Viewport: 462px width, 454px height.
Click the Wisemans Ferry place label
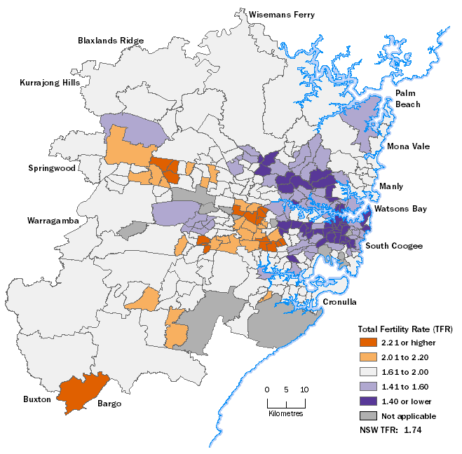281,14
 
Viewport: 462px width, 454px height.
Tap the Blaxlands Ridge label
110,41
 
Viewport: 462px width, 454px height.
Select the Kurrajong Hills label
49,83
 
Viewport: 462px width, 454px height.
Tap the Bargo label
110,404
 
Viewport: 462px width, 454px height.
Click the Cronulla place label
340,302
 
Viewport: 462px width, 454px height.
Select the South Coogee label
394,245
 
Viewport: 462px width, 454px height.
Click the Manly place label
391,186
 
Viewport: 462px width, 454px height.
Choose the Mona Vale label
409,146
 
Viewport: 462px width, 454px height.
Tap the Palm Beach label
407,99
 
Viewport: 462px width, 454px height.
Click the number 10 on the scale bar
304,390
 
